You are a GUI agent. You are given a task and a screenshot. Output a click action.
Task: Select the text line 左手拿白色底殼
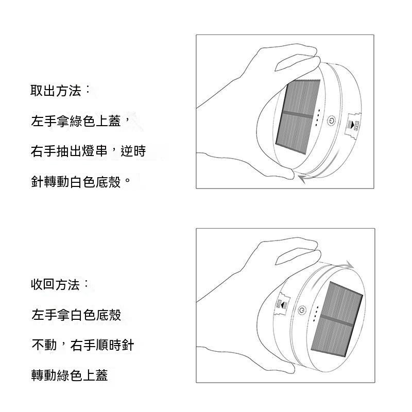[x=76, y=315]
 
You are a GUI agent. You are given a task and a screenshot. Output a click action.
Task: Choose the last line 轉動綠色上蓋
[x=70, y=375]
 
